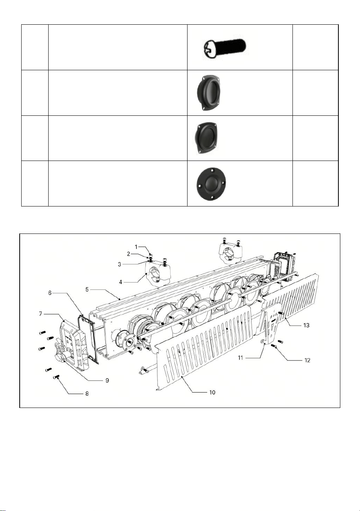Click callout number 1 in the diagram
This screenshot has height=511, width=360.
coord(136,247)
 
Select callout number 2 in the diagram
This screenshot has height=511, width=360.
coord(128,254)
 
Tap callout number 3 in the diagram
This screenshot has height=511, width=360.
coord(119,264)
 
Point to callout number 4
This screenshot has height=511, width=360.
coord(120,282)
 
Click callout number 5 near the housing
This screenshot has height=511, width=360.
coord(87,289)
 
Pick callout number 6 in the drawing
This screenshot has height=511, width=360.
coord(50,293)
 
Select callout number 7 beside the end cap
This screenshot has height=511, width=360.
coord(41,314)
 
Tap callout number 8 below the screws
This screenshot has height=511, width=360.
coord(87,394)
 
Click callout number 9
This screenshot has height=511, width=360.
coord(107,381)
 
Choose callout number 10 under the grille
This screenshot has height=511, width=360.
coord(212,393)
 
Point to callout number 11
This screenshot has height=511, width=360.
coord(240,358)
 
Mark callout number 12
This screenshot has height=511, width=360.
coord(307,360)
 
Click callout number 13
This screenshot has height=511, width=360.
coord(306,325)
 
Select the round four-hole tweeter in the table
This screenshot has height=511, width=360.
coord(211,184)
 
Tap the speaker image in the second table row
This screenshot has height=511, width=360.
coord(208,93)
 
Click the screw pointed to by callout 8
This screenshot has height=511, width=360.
coord(56,377)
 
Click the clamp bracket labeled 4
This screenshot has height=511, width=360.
coord(158,273)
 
